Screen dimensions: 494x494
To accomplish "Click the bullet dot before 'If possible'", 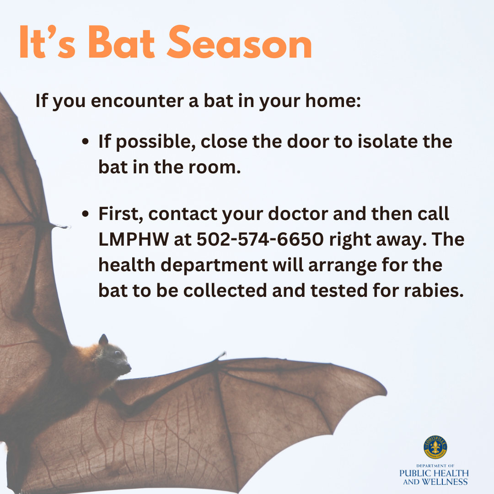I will [85, 142].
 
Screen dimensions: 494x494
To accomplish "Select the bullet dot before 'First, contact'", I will [85, 215].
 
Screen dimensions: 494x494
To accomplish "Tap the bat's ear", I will [103, 340].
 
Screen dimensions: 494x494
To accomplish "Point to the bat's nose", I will [129, 366].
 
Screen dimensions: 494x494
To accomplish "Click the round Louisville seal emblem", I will [435, 447].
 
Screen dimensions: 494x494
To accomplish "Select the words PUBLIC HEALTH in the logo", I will [434, 473].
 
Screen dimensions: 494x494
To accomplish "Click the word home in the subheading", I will [334, 101].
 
